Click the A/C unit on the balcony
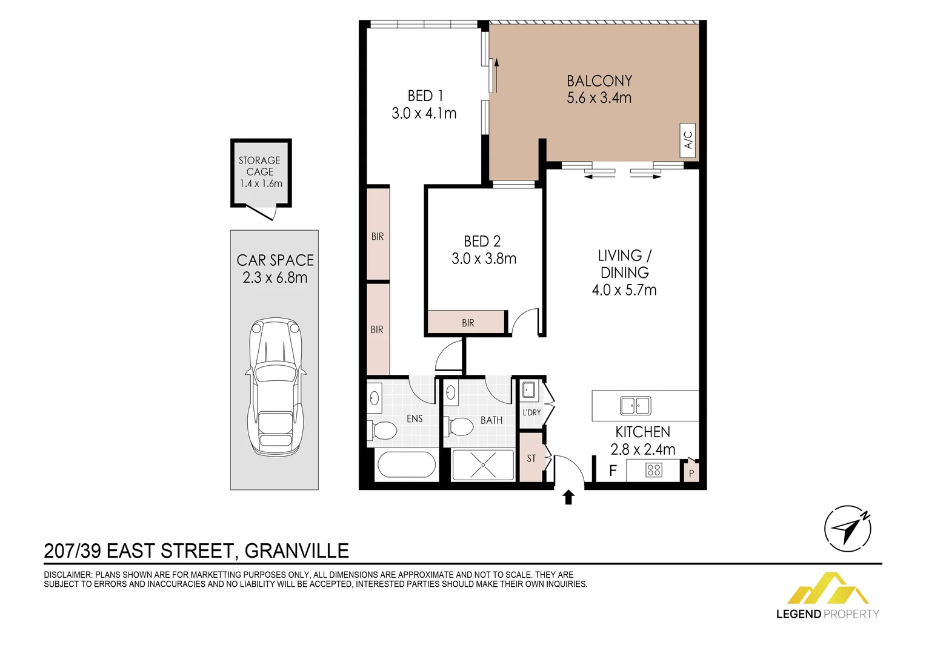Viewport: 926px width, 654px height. tap(688, 140)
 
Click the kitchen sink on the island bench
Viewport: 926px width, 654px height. tap(635, 406)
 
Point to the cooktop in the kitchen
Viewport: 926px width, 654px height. tap(653, 470)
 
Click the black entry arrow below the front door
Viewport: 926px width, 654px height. tap(568, 497)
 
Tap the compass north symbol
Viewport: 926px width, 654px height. tap(848, 529)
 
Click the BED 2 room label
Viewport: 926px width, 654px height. tap(482, 242)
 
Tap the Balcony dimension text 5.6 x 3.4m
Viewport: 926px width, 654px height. tap(599, 98)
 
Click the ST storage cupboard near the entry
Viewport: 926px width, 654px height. tap(531, 458)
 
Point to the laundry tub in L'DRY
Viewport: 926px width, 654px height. tap(528, 389)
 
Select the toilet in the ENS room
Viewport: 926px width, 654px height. tap(382, 431)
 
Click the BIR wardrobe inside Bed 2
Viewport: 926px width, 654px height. tap(467, 323)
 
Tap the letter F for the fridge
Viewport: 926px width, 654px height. tap(613, 471)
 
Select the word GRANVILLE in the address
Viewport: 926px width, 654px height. tap(296, 551)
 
